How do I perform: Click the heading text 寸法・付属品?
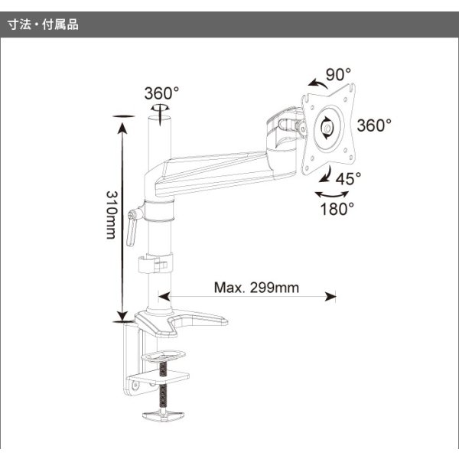(x=43, y=24)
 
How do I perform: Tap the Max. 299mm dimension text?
(x=256, y=288)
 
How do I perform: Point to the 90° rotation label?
(x=338, y=74)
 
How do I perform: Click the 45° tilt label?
(x=348, y=178)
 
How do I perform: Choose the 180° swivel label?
(x=337, y=209)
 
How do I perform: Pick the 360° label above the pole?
(x=161, y=93)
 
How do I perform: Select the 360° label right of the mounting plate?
(x=374, y=125)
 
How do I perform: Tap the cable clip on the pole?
(x=155, y=265)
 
